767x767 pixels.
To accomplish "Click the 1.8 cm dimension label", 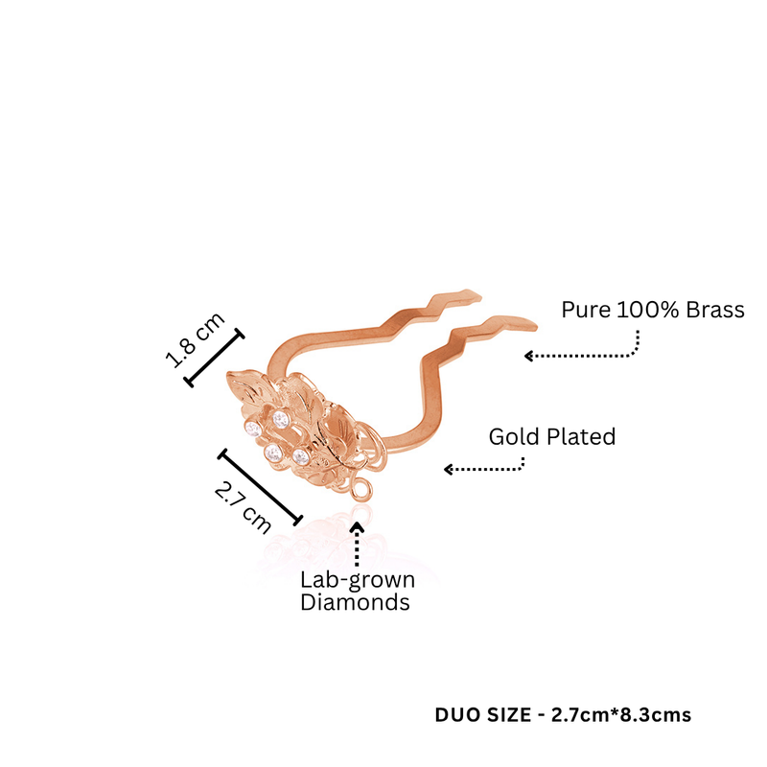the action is (x=196, y=339).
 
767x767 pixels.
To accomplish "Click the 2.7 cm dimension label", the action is (x=243, y=507).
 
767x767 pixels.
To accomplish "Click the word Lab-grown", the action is (x=358, y=581).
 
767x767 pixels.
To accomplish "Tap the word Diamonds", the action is (x=355, y=602).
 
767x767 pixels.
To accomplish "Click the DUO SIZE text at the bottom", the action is (x=483, y=715).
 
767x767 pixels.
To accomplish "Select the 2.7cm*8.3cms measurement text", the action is (x=621, y=715).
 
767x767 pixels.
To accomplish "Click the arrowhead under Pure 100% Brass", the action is (x=528, y=356).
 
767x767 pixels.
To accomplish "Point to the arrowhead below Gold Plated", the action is (x=448, y=469).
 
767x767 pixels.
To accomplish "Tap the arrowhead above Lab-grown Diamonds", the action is (x=358, y=526).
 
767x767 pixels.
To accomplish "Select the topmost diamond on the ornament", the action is (x=280, y=420).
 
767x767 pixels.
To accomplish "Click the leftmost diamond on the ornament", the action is (x=253, y=430).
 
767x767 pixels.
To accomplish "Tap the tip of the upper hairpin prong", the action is (x=480, y=296).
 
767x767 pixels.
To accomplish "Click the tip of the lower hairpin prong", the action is (x=536, y=325).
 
